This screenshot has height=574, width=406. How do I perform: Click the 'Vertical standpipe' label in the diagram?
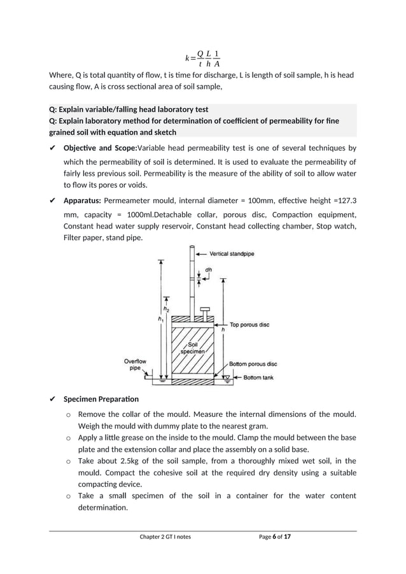tap(232, 254)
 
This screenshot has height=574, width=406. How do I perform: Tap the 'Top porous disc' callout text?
tap(249, 324)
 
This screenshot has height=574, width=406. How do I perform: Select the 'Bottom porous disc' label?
tap(253, 364)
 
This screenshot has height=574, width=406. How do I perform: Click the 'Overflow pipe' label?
tap(135, 365)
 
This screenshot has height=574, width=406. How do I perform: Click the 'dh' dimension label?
tap(208, 269)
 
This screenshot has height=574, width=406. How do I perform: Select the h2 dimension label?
tap(167, 309)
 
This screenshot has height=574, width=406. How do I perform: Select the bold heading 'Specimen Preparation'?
tap(100, 399)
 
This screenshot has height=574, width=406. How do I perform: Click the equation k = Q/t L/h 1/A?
tap(202, 58)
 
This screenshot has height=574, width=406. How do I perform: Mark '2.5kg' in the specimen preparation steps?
tap(125, 461)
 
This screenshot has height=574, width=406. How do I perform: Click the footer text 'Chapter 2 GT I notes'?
tap(165, 536)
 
